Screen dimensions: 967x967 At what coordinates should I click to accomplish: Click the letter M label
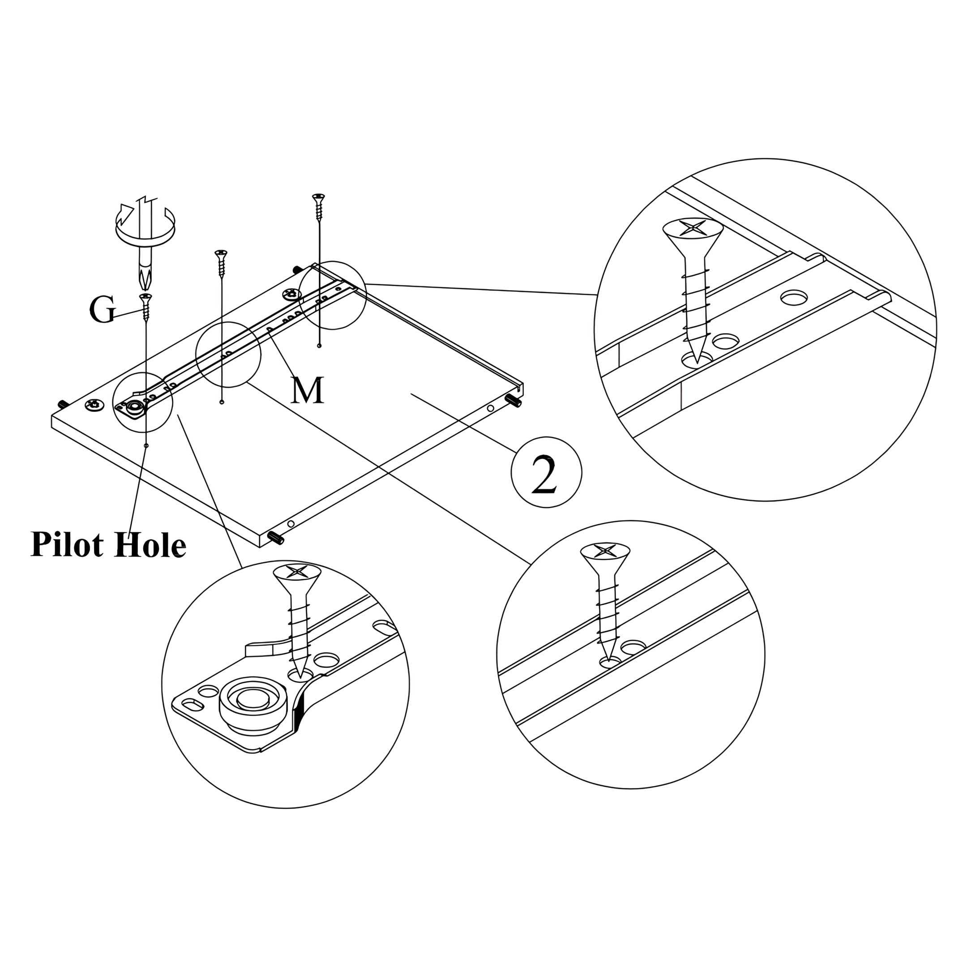click(307, 390)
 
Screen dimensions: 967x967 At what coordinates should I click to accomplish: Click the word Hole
click(150, 545)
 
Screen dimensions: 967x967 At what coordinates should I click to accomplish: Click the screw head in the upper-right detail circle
click(693, 229)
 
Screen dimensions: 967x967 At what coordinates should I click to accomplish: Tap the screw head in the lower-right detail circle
click(605, 552)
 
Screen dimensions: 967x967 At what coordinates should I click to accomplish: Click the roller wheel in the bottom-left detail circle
click(253, 700)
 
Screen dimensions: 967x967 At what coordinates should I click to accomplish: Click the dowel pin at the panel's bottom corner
click(276, 539)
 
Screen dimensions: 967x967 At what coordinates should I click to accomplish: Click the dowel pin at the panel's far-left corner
click(63, 403)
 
